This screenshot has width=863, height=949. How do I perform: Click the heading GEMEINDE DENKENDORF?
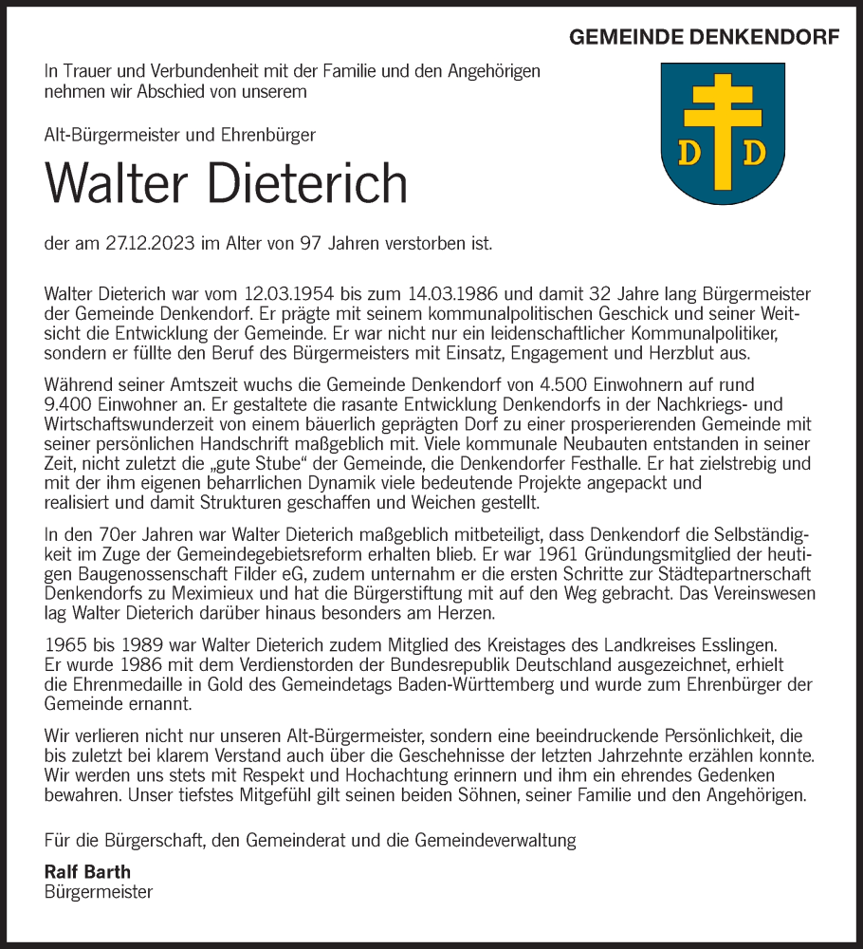(704, 37)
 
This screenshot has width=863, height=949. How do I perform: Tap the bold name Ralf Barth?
(87, 871)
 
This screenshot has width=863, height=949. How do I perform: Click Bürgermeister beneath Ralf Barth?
(98, 892)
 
